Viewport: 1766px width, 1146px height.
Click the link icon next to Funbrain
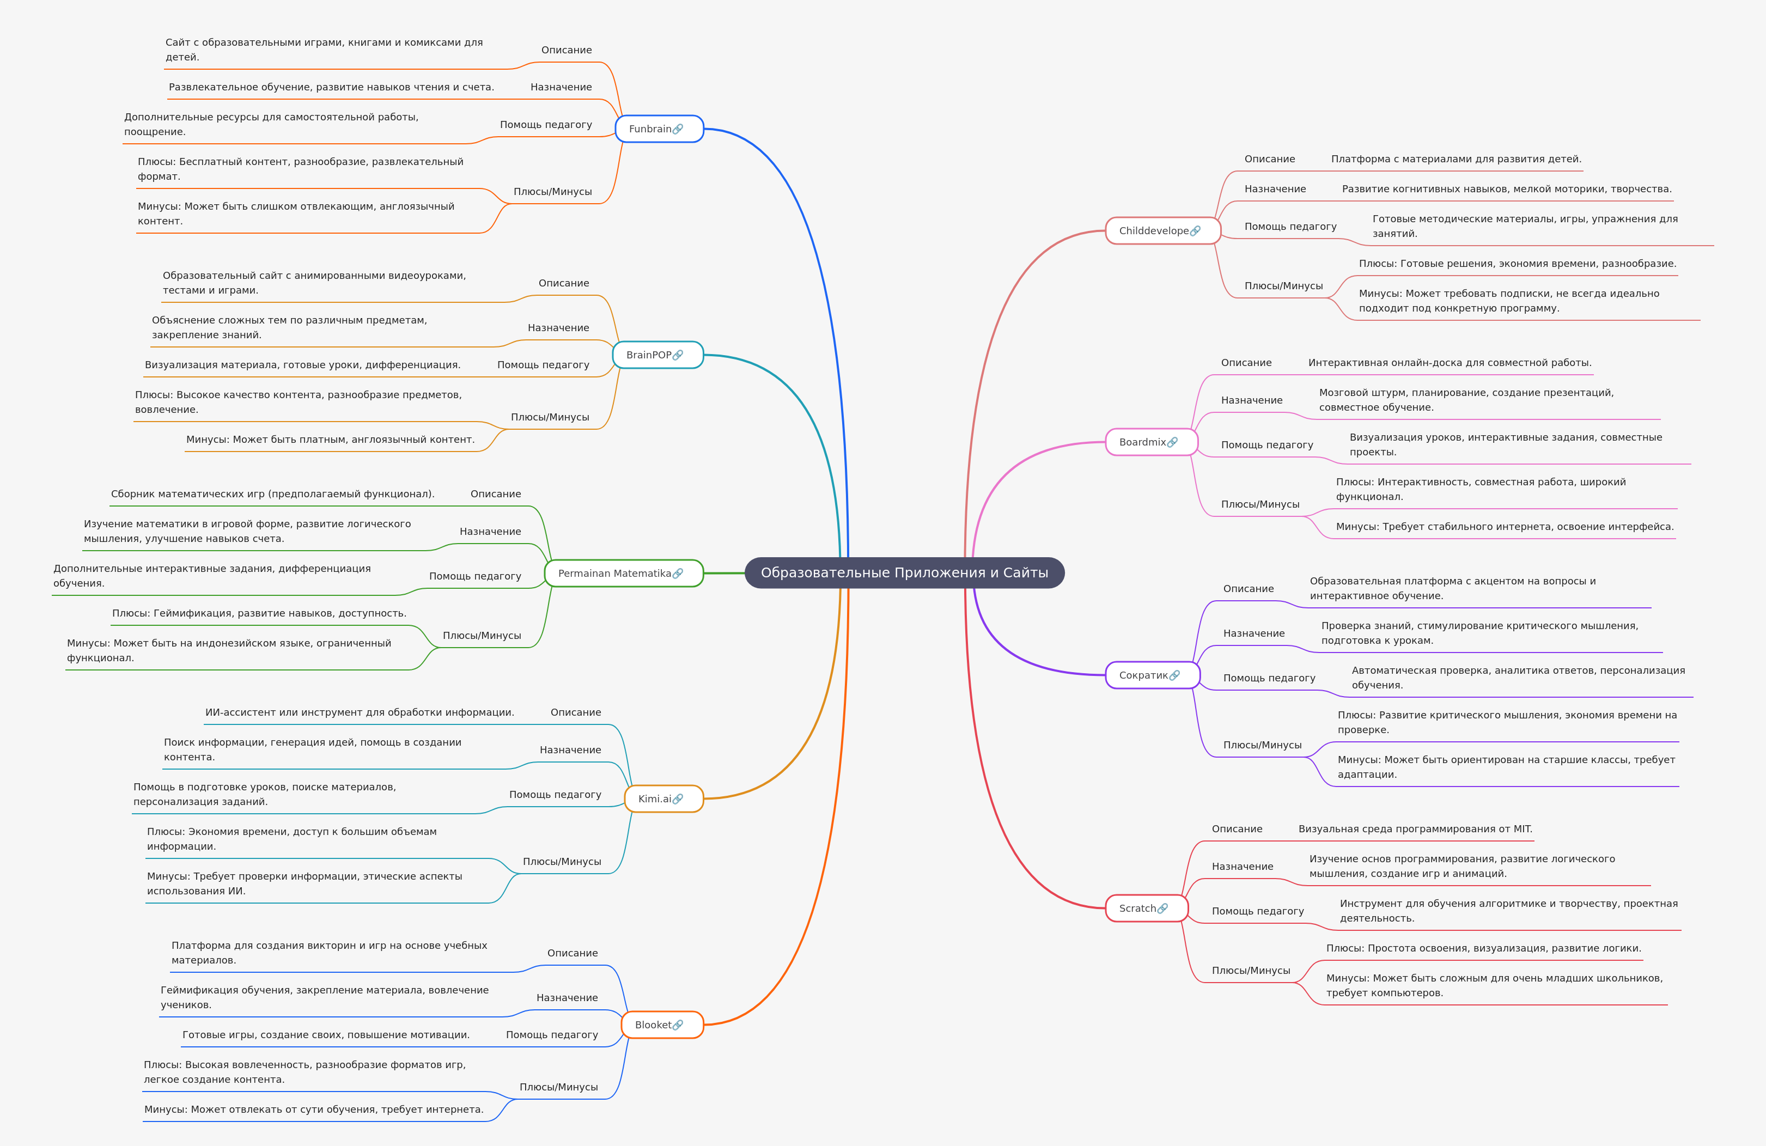[x=678, y=129]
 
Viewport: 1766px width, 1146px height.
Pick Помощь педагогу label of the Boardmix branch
[x=1266, y=445]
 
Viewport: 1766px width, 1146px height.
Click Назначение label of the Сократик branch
[x=1253, y=633]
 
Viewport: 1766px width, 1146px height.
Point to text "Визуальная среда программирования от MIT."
[x=1414, y=830]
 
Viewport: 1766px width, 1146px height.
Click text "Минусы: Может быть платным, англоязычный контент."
[x=330, y=440]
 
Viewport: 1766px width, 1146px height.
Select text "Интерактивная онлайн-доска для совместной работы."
[x=1449, y=363]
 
